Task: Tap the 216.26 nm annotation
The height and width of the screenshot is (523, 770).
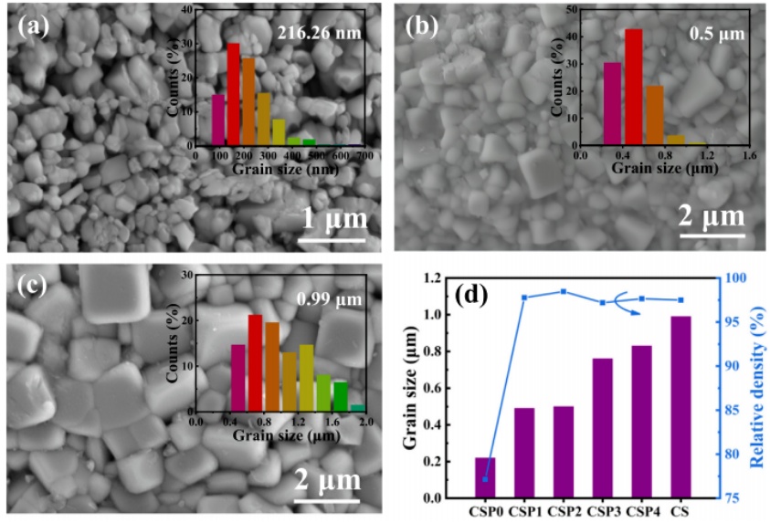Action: [320, 34]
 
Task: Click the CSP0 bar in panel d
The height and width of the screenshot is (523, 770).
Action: [486, 478]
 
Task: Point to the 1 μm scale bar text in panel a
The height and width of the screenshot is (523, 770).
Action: [335, 219]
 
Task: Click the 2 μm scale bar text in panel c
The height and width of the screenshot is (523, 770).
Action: [327, 479]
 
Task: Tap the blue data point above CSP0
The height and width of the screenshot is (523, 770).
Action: [486, 479]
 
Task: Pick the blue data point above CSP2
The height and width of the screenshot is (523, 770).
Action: [564, 291]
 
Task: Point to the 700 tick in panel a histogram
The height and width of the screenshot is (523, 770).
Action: [364, 157]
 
